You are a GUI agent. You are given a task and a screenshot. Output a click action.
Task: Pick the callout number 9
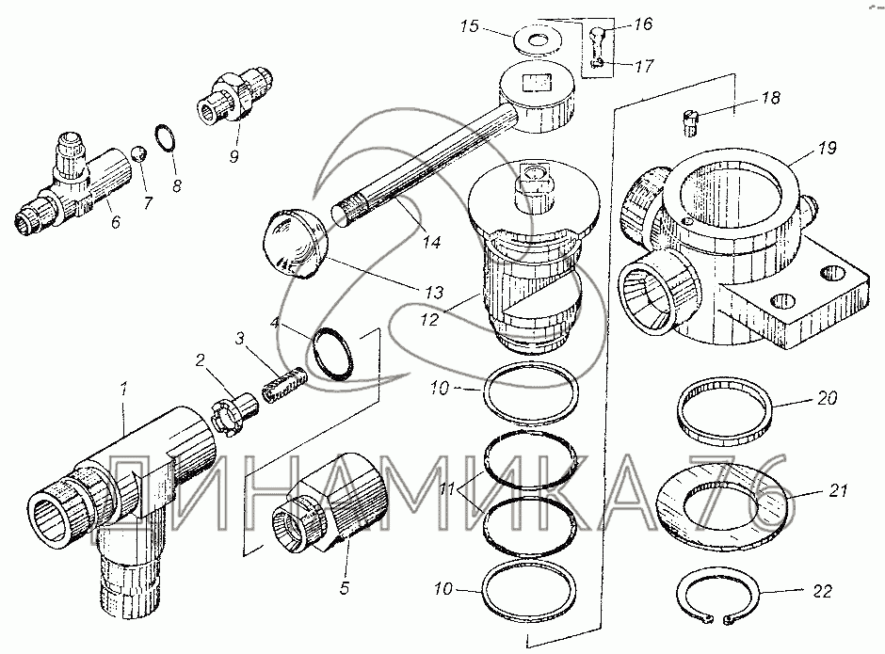coord(234,153)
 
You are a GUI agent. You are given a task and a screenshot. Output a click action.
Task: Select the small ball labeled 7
coord(138,153)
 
